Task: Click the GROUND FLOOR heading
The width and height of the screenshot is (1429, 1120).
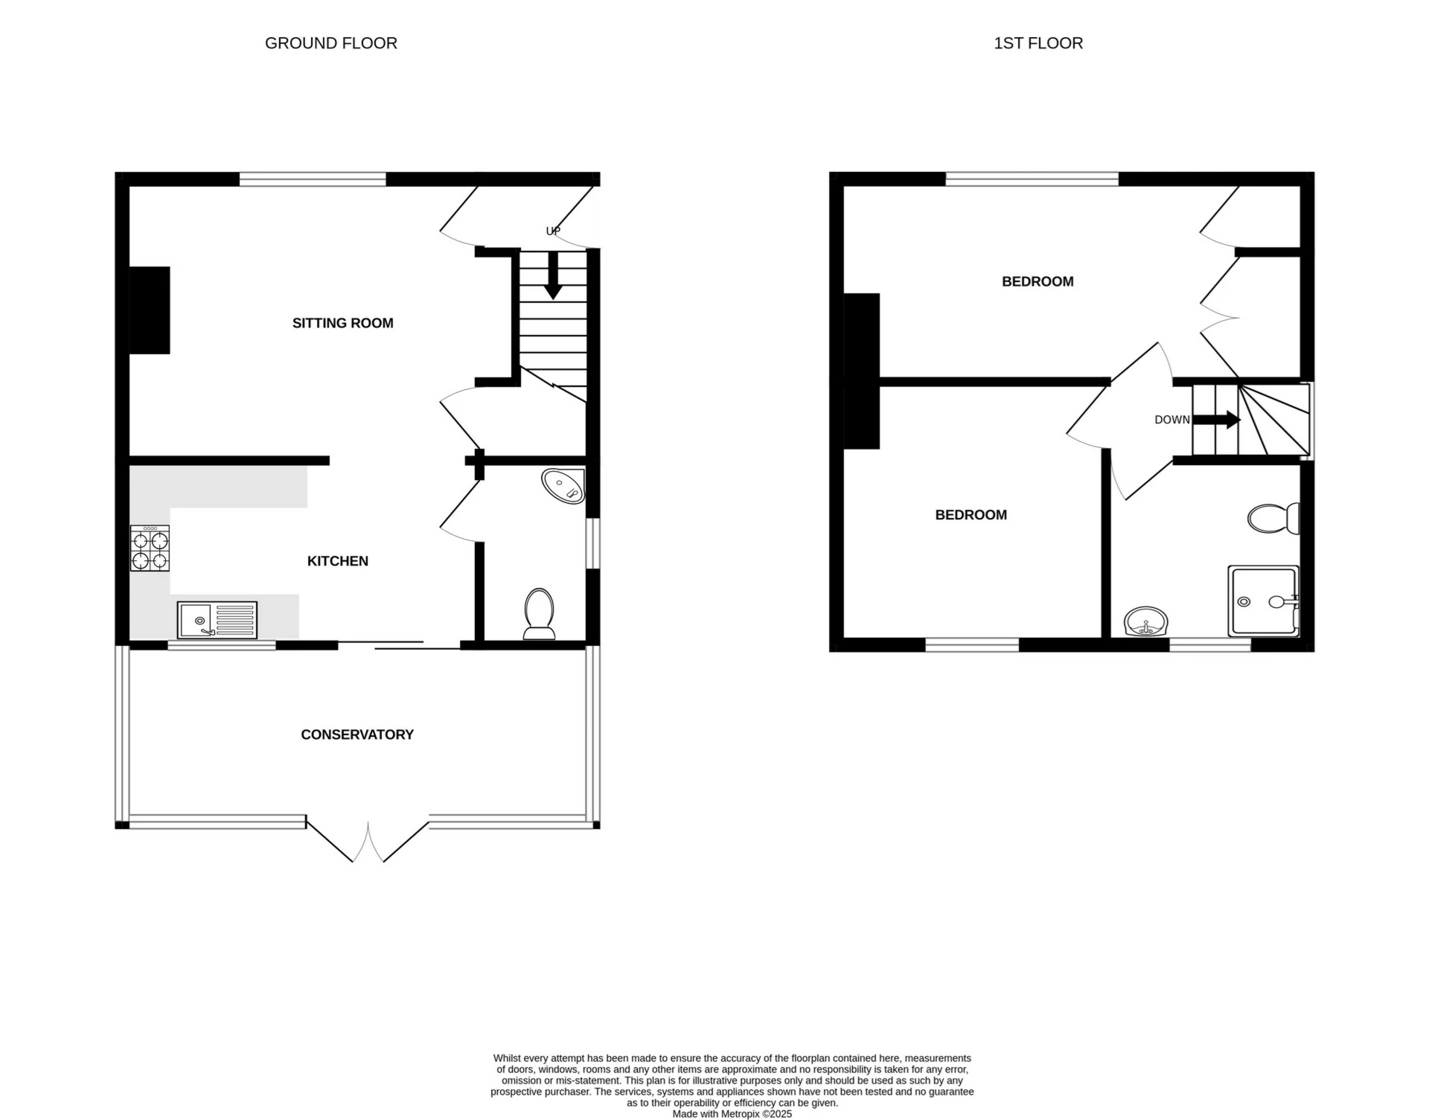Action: pyautogui.click(x=331, y=43)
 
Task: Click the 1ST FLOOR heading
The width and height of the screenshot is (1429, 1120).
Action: pyautogui.click(x=1038, y=43)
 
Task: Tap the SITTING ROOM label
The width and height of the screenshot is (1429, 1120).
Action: pyautogui.click(x=342, y=323)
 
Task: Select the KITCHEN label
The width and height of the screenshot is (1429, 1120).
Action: pyautogui.click(x=338, y=561)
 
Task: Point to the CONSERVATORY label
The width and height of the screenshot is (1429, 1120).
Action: pyautogui.click(x=357, y=735)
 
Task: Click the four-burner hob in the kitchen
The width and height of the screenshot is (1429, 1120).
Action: pyautogui.click(x=150, y=548)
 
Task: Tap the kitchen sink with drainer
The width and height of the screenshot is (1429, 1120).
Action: pyautogui.click(x=217, y=620)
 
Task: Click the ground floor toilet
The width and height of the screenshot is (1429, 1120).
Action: pyautogui.click(x=540, y=614)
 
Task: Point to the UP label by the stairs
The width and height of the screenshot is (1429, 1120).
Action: pyautogui.click(x=553, y=231)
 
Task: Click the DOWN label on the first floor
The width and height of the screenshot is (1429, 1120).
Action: pyautogui.click(x=1171, y=420)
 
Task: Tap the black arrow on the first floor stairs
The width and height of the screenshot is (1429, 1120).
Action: pyautogui.click(x=1217, y=420)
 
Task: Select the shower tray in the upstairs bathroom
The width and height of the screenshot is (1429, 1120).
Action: pyautogui.click(x=1263, y=601)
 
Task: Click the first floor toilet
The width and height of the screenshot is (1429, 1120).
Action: pyautogui.click(x=1273, y=519)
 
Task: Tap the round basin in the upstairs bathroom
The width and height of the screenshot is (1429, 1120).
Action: pyautogui.click(x=1146, y=622)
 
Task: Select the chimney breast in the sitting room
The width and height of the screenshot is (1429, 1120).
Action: pyautogui.click(x=150, y=310)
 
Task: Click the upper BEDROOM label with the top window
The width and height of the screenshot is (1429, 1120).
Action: pyautogui.click(x=1038, y=281)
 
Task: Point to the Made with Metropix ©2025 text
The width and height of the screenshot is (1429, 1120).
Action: pyautogui.click(x=732, y=1114)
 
